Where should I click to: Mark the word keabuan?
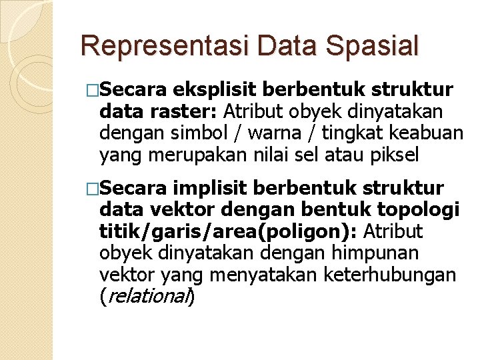427,133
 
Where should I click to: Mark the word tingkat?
347,133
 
